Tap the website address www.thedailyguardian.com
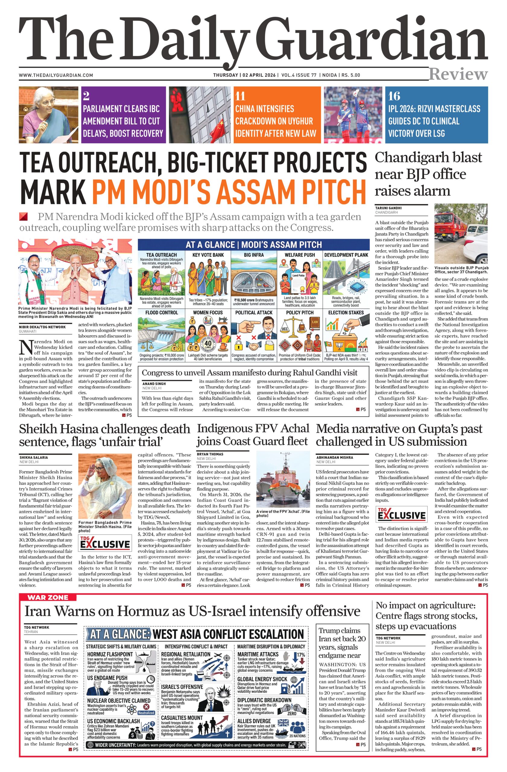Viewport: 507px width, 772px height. pos(56,75)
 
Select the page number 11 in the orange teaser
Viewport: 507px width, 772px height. pos(240,96)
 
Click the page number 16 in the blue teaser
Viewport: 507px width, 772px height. pos(394,96)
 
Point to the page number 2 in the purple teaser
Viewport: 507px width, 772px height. pos(86,96)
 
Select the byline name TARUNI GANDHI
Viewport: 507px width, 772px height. pos(388,208)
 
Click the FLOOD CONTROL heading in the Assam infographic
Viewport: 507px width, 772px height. pos(157,313)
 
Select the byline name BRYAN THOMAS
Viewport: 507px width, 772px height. pos(210,454)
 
